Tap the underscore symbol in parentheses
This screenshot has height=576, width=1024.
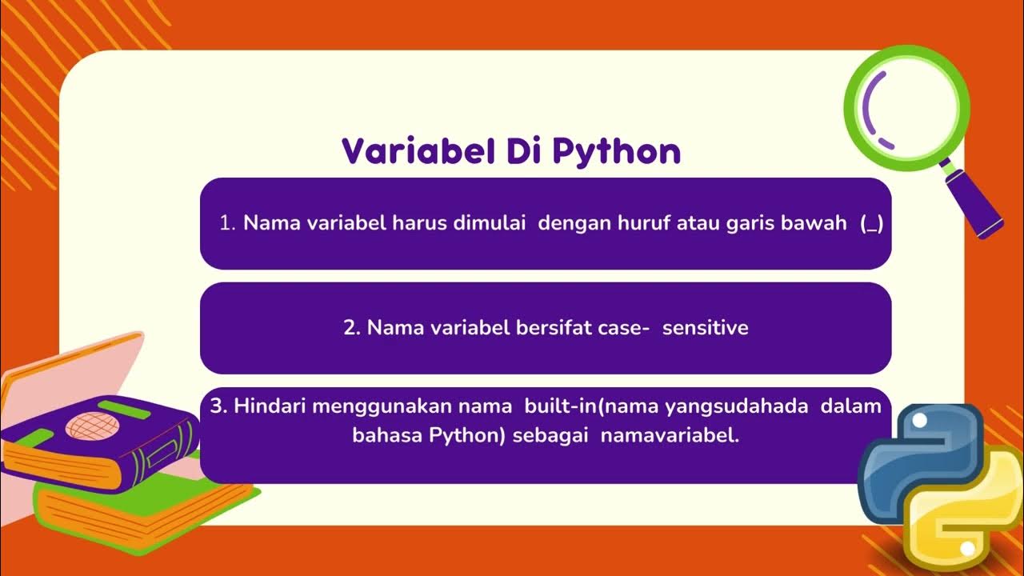871,225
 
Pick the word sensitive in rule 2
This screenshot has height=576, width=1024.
705,328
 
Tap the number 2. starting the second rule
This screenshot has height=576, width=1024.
352,328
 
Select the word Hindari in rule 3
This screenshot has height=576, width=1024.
270,406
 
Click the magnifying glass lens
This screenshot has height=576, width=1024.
906,107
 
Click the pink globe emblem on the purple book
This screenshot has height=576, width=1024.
90,426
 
